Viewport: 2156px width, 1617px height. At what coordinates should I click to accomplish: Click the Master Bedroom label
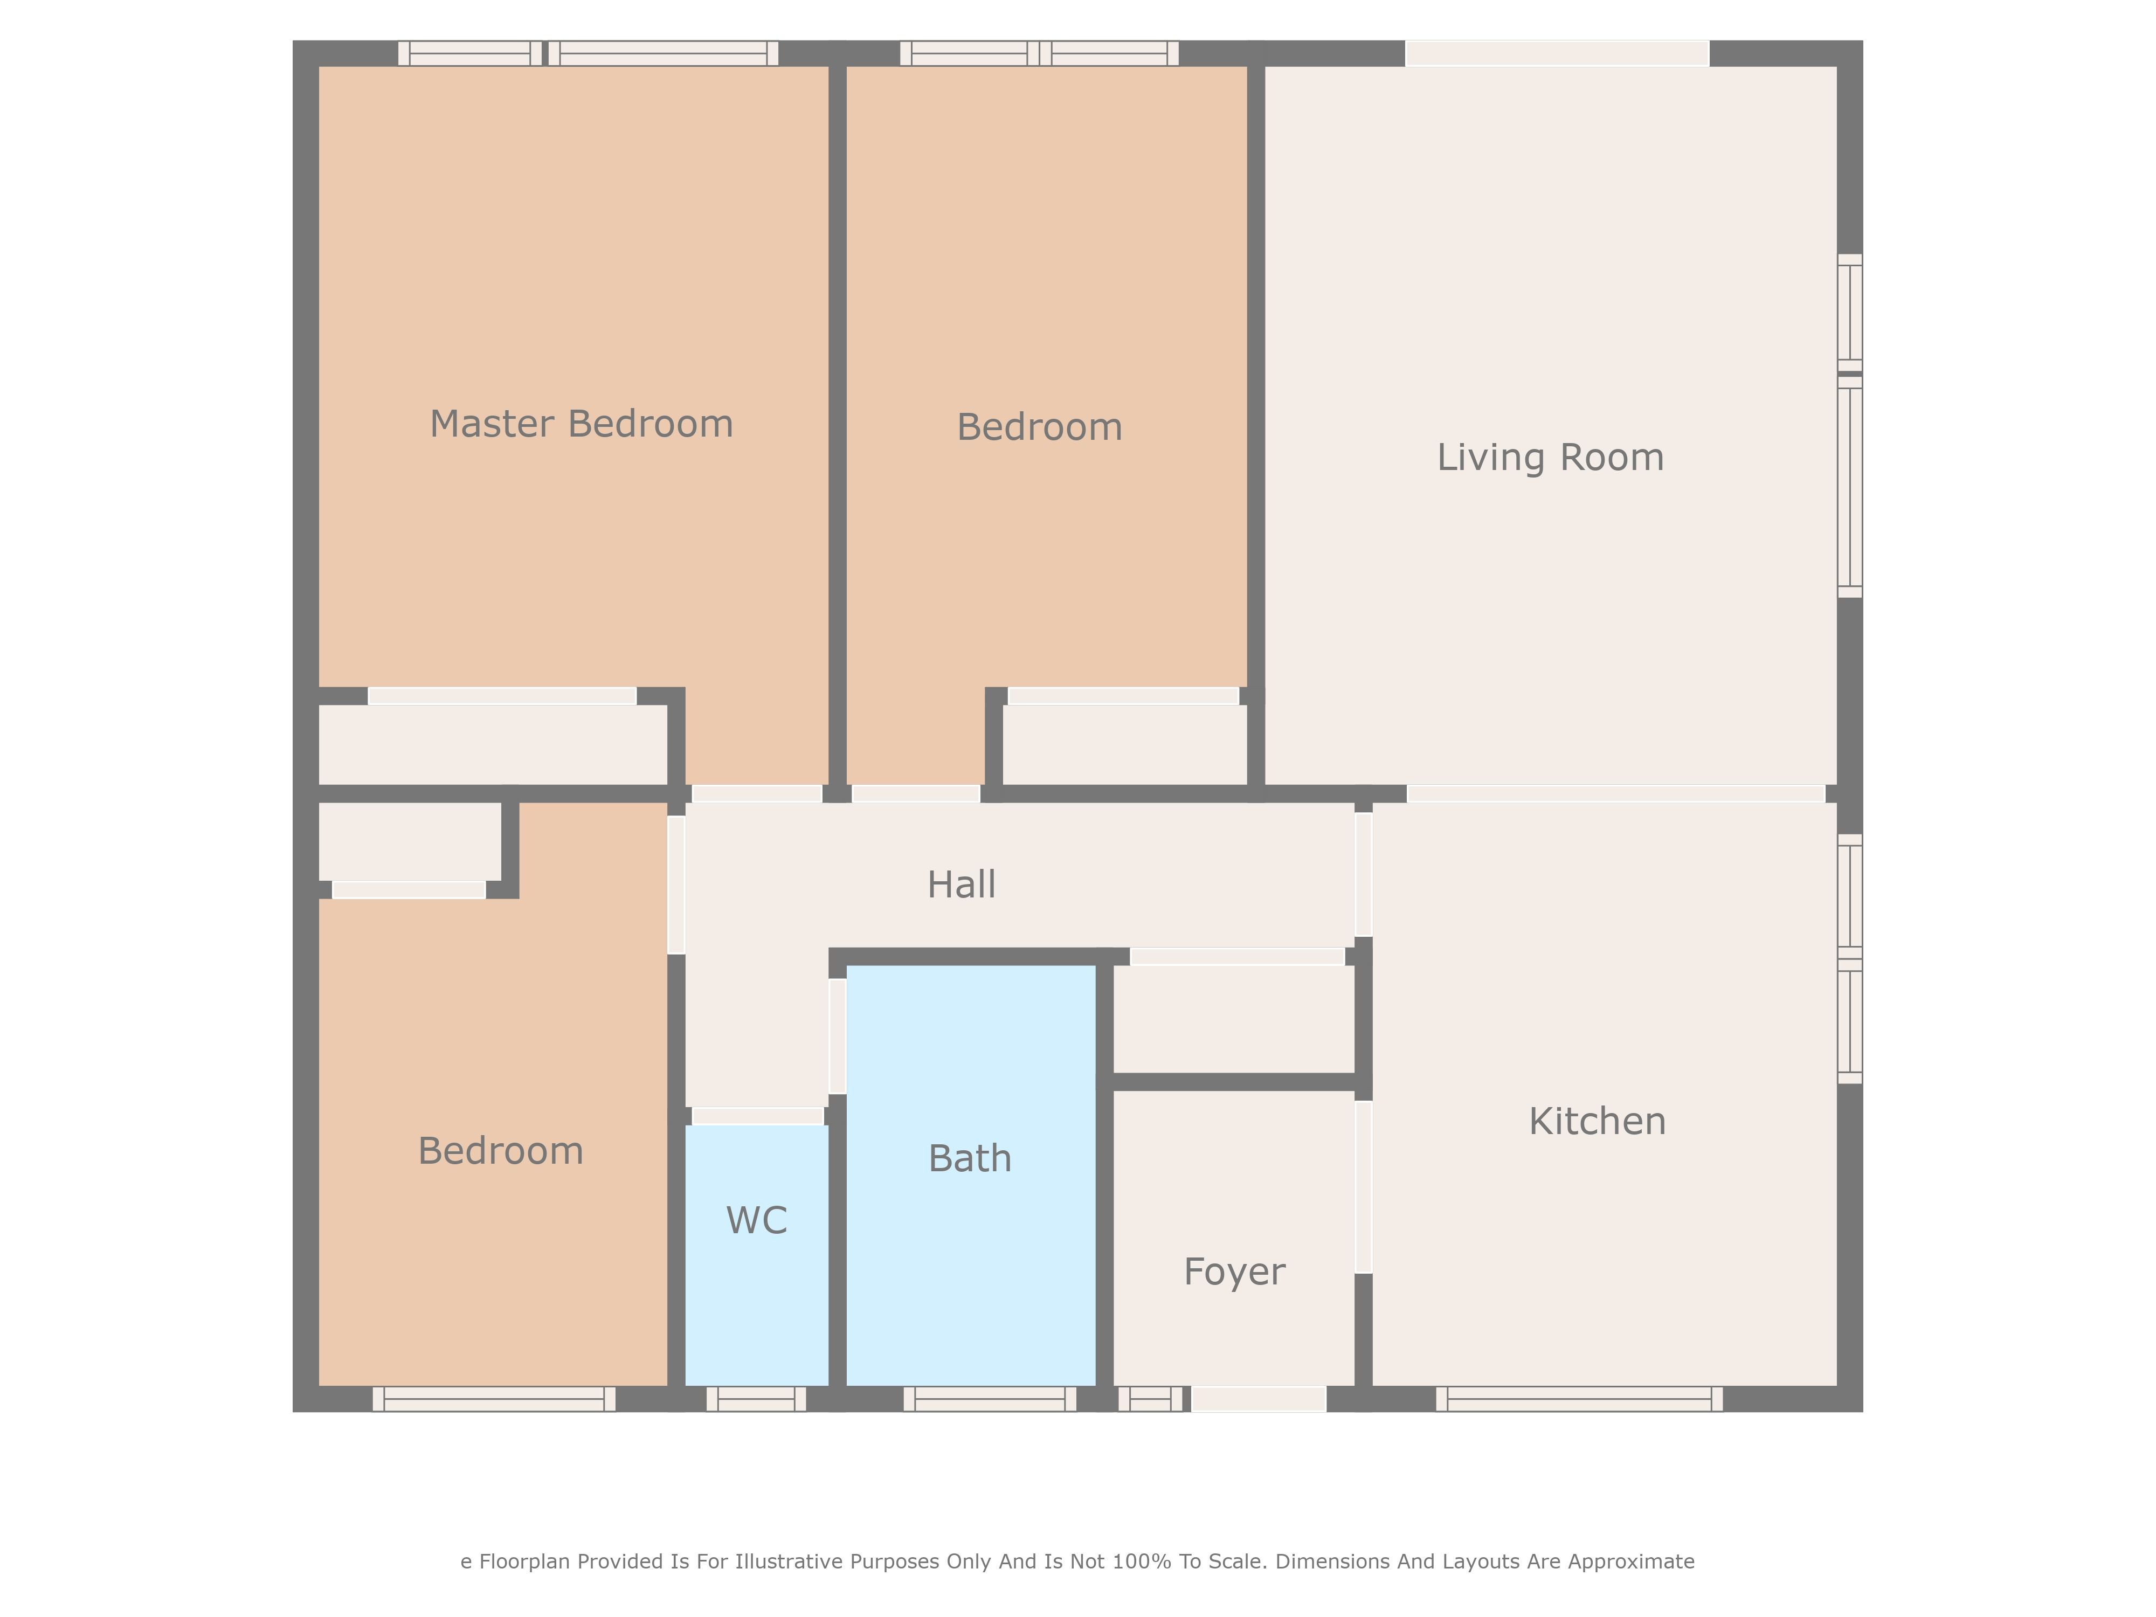point(582,424)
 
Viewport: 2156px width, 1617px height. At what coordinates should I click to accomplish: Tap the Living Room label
point(1551,457)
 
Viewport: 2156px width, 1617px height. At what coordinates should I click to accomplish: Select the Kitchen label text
point(1598,1121)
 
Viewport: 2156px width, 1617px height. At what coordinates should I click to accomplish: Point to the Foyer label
point(1235,1272)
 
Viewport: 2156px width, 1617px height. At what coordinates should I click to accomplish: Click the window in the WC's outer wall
point(756,1399)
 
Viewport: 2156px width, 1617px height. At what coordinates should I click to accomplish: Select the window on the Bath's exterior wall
point(990,1399)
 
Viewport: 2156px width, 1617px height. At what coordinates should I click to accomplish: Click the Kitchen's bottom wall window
point(1579,1399)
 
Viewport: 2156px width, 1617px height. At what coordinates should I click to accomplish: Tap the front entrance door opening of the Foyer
point(1259,1399)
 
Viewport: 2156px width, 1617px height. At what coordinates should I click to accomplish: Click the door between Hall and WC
point(757,1116)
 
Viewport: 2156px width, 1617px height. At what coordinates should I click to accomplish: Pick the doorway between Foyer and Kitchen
point(1364,1187)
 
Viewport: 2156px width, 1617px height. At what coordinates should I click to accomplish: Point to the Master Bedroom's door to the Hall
point(756,793)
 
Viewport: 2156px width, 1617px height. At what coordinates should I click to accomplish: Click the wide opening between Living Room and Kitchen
point(1615,793)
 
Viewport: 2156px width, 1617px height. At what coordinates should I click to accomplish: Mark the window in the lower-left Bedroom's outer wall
point(494,1399)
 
